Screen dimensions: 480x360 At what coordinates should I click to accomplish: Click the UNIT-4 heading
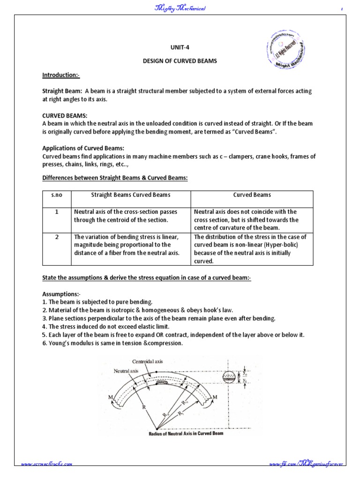[180, 47]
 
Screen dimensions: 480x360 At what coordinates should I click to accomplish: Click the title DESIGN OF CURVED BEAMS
[180, 61]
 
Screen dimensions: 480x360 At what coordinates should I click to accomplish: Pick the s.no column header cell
[56, 195]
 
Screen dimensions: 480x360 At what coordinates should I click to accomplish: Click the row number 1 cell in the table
[56, 212]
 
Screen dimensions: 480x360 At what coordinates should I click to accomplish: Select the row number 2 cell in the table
[56, 237]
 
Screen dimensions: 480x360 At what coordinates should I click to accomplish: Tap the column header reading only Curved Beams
[252, 195]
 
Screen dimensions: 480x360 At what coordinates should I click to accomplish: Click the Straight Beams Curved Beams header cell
[130, 195]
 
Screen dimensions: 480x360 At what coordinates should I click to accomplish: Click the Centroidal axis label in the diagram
[148, 361]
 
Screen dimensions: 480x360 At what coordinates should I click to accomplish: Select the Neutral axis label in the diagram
[127, 370]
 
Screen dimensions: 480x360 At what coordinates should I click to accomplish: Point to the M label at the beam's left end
[111, 397]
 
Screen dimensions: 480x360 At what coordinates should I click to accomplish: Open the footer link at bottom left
[46, 464]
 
